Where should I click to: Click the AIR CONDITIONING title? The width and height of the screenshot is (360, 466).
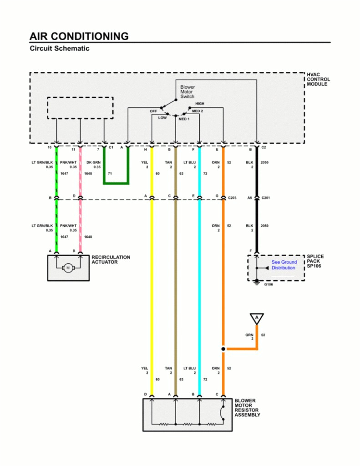coord(79,36)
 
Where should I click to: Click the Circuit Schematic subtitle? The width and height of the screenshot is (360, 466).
coord(59,48)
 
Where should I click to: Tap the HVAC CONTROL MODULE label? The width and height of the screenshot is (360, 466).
coord(318,79)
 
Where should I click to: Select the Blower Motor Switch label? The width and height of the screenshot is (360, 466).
coord(187,91)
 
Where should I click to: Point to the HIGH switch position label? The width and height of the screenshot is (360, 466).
coord(199,104)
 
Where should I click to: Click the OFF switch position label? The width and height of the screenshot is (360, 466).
coord(153,111)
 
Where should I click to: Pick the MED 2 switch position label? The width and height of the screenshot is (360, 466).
coord(198,111)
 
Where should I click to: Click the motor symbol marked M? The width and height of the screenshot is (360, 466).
coord(68,268)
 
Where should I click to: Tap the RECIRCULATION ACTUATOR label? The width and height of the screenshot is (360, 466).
coord(111,259)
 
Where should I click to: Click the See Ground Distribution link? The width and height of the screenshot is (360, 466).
coord(284,265)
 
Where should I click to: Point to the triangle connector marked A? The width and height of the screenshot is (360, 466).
coord(257,318)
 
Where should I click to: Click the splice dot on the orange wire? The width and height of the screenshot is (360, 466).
coord(223,349)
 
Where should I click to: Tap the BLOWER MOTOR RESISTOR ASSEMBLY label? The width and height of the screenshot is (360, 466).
coord(247,408)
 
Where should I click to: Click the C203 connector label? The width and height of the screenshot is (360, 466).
coord(233,198)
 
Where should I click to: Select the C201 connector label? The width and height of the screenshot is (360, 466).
coord(266,198)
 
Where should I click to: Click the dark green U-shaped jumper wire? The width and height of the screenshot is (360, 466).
coord(116,183)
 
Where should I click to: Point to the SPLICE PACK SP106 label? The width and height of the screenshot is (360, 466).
coord(315,261)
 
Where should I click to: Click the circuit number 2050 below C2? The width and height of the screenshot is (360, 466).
coord(264,162)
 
